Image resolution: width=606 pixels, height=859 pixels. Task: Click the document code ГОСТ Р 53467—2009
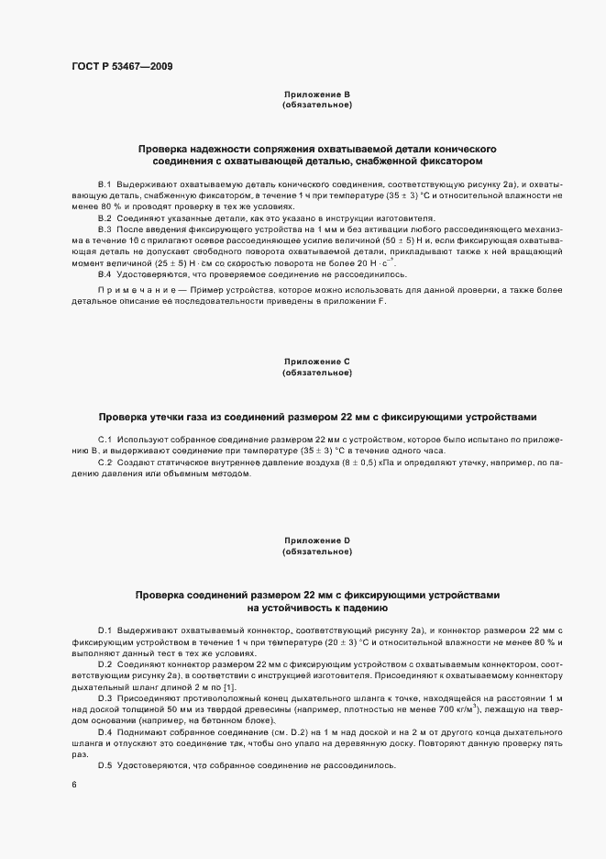coord(120,67)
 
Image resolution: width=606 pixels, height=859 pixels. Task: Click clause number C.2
coord(105,463)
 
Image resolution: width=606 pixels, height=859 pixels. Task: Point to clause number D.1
coord(105,630)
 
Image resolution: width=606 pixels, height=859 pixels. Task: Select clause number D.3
coord(105,697)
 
